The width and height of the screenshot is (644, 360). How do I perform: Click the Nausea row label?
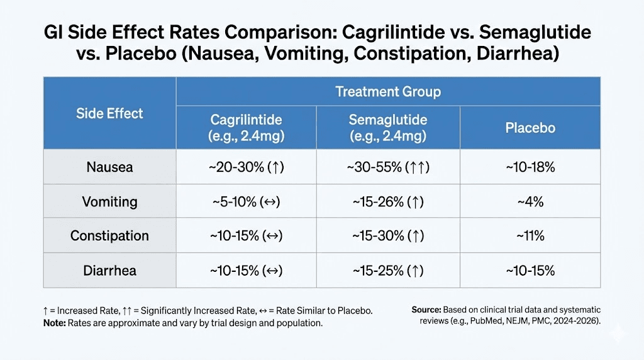click(109, 167)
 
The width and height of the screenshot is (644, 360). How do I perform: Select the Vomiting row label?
click(109, 202)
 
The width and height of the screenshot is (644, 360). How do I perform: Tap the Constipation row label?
click(109, 236)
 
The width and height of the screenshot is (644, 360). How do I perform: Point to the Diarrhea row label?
click(109, 271)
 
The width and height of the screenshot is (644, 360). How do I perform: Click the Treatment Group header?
click(387, 92)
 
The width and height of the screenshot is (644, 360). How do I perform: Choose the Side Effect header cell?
click(109, 114)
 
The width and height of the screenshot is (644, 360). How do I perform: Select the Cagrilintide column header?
click(246, 128)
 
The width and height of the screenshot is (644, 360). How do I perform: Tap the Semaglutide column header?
click(387, 128)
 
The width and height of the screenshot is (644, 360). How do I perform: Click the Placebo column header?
click(530, 128)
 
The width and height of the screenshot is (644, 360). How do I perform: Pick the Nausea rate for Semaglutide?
click(387, 167)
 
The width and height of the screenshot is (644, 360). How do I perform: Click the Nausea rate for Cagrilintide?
click(246, 167)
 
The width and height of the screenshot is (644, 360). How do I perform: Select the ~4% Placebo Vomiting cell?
click(530, 202)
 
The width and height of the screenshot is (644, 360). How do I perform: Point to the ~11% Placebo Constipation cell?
click(530, 236)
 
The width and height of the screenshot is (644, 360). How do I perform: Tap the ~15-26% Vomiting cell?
click(387, 202)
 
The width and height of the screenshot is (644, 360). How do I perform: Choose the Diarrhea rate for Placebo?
click(530, 271)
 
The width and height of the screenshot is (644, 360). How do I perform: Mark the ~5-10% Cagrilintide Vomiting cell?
click(246, 202)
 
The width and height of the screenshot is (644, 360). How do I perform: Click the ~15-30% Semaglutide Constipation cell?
click(387, 236)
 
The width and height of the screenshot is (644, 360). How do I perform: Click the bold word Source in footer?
click(426, 310)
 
